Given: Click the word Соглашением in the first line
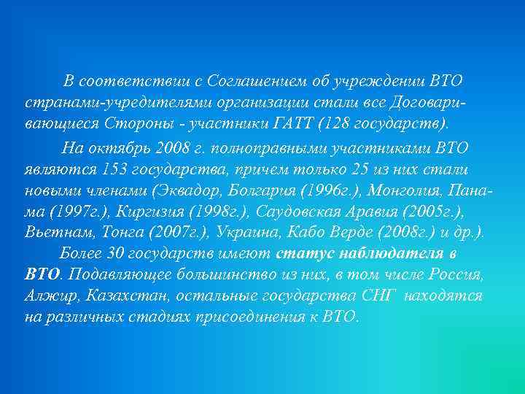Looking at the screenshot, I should (244, 79).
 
